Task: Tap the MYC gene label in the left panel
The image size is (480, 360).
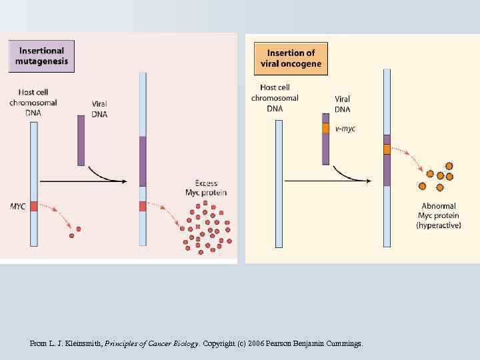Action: point(18,206)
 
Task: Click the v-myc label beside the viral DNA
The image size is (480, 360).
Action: point(345,129)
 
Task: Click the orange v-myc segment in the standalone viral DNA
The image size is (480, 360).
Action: point(326,128)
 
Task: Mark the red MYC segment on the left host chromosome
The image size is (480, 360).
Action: point(33,206)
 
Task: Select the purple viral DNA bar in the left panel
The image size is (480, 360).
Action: point(81,140)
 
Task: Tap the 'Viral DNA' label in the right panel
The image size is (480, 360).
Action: point(342,104)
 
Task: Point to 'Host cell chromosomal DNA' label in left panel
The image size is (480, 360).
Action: point(33,103)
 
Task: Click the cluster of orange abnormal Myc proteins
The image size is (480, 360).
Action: point(440,176)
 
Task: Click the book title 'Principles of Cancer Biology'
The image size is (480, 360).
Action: point(153,344)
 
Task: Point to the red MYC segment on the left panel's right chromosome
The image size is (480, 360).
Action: point(143,206)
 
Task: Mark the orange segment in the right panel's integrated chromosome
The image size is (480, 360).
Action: point(387,149)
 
